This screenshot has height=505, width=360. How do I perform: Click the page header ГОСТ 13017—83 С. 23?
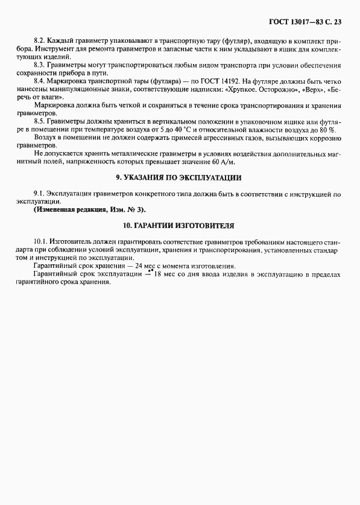tap(303, 22)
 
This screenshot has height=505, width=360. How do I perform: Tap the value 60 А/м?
tap(223, 162)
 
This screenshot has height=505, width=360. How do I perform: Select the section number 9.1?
tap(39, 194)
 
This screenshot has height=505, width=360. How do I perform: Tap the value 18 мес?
tap(163, 275)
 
